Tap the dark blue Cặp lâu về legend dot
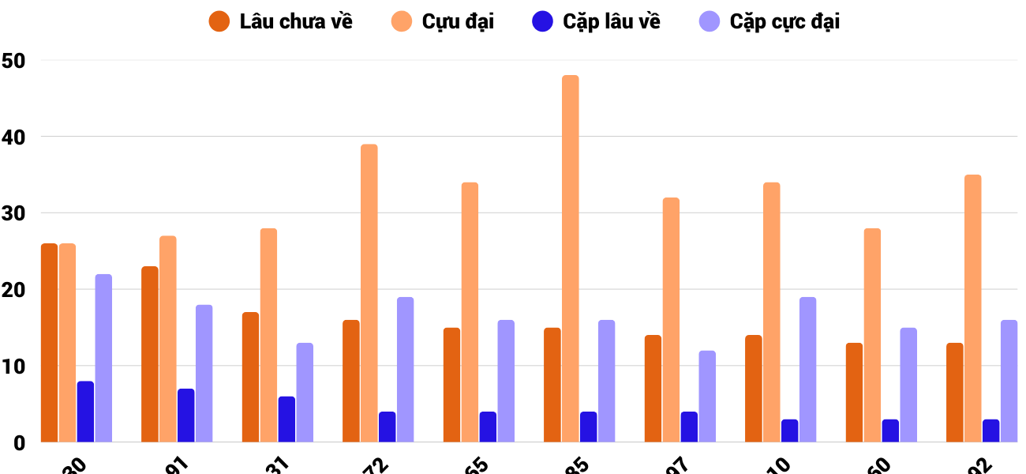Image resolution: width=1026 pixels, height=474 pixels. click(x=542, y=21)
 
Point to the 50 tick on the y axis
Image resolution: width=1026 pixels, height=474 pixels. click(x=14, y=60)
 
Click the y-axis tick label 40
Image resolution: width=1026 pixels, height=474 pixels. click(x=14, y=137)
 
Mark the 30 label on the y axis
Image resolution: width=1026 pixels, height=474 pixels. click(x=14, y=213)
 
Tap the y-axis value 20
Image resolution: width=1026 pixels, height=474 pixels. click(x=14, y=290)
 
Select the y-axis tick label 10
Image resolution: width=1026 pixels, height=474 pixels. click(x=14, y=367)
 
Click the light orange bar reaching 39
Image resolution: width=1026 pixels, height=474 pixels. click(x=369, y=293)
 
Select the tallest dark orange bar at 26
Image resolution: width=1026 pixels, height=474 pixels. click(x=49, y=343)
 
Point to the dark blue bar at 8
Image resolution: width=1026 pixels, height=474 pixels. click(x=85, y=412)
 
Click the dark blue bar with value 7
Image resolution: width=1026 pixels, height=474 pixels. click(x=186, y=416)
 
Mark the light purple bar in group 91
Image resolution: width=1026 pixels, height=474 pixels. click(x=204, y=374)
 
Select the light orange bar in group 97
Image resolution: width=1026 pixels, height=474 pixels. click(x=671, y=320)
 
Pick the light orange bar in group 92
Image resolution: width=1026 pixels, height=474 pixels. click(x=973, y=308)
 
